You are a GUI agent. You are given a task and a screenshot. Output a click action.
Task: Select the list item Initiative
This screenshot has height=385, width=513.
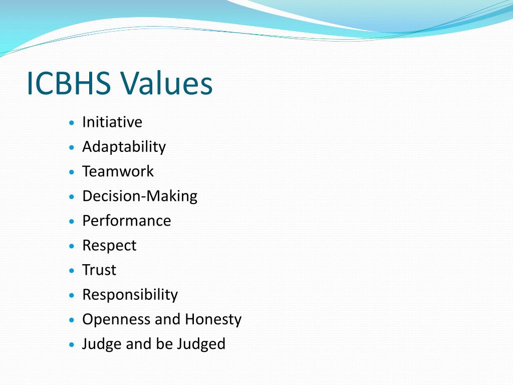point(112,122)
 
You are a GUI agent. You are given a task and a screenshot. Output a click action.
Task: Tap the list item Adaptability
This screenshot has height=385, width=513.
point(124,146)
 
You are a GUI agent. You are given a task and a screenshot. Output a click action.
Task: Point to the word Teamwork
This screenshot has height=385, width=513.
point(118,171)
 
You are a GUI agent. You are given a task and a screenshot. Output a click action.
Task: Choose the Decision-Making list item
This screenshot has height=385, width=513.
point(140,196)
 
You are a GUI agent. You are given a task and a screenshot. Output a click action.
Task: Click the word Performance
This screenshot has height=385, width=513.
point(126,221)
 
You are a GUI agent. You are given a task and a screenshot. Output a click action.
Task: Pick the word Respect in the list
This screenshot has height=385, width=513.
point(109,245)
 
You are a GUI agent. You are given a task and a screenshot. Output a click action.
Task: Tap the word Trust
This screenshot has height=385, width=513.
point(99,270)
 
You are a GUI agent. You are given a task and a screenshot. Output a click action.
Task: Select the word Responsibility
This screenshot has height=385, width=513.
point(130,294)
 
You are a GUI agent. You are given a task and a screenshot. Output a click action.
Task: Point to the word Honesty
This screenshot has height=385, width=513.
point(213,319)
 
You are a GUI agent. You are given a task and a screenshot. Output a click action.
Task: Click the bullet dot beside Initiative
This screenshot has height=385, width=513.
point(73,123)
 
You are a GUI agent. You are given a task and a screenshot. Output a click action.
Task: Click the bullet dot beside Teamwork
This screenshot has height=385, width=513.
point(73,172)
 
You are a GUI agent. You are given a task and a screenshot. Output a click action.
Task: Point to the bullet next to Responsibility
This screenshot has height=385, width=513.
point(73,295)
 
